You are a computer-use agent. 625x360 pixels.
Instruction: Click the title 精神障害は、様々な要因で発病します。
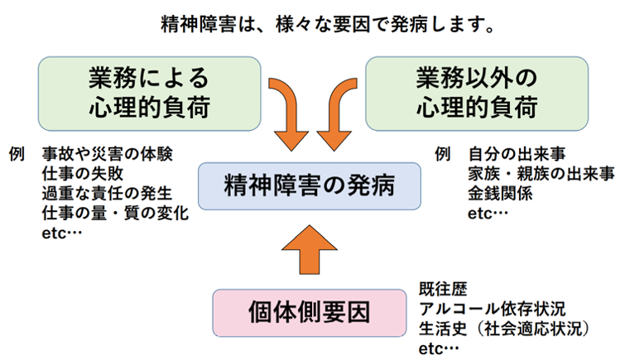point(328,25)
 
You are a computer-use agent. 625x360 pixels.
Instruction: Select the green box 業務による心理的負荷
point(150,94)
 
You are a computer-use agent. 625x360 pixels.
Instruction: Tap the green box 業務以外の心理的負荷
point(477,94)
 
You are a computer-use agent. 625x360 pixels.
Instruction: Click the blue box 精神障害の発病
point(310,186)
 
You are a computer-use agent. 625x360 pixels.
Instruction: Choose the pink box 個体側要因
point(310,313)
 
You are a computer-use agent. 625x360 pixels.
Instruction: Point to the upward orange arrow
point(310,250)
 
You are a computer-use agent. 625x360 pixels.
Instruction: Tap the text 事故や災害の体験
point(108,154)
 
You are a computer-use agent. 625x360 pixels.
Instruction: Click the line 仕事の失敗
point(83,174)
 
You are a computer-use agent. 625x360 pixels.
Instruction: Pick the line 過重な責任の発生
point(108,194)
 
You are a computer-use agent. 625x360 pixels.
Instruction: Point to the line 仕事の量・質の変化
point(115,214)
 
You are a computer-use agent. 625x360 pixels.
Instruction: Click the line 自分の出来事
point(517,154)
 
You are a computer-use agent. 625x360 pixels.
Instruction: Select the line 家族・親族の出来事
point(541,174)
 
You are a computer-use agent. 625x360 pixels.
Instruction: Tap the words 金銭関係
point(500,194)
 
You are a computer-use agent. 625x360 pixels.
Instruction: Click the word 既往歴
point(443,289)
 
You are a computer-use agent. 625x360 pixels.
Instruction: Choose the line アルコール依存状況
point(492,309)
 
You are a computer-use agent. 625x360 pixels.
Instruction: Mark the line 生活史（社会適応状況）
point(505,329)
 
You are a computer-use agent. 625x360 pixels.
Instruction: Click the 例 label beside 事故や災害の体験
point(17,154)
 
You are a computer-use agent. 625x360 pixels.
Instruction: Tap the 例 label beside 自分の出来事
point(442,154)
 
